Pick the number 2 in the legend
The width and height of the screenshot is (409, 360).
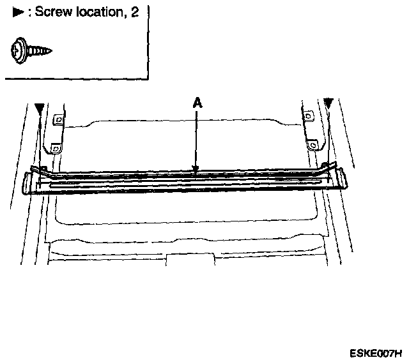click(135, 13)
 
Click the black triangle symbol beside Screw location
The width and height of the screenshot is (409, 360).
click(19, 13)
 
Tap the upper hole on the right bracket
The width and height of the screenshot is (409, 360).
click(309, 116)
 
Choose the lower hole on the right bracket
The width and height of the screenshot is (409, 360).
click(313, 145)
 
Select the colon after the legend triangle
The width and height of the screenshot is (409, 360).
click(29, 13)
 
